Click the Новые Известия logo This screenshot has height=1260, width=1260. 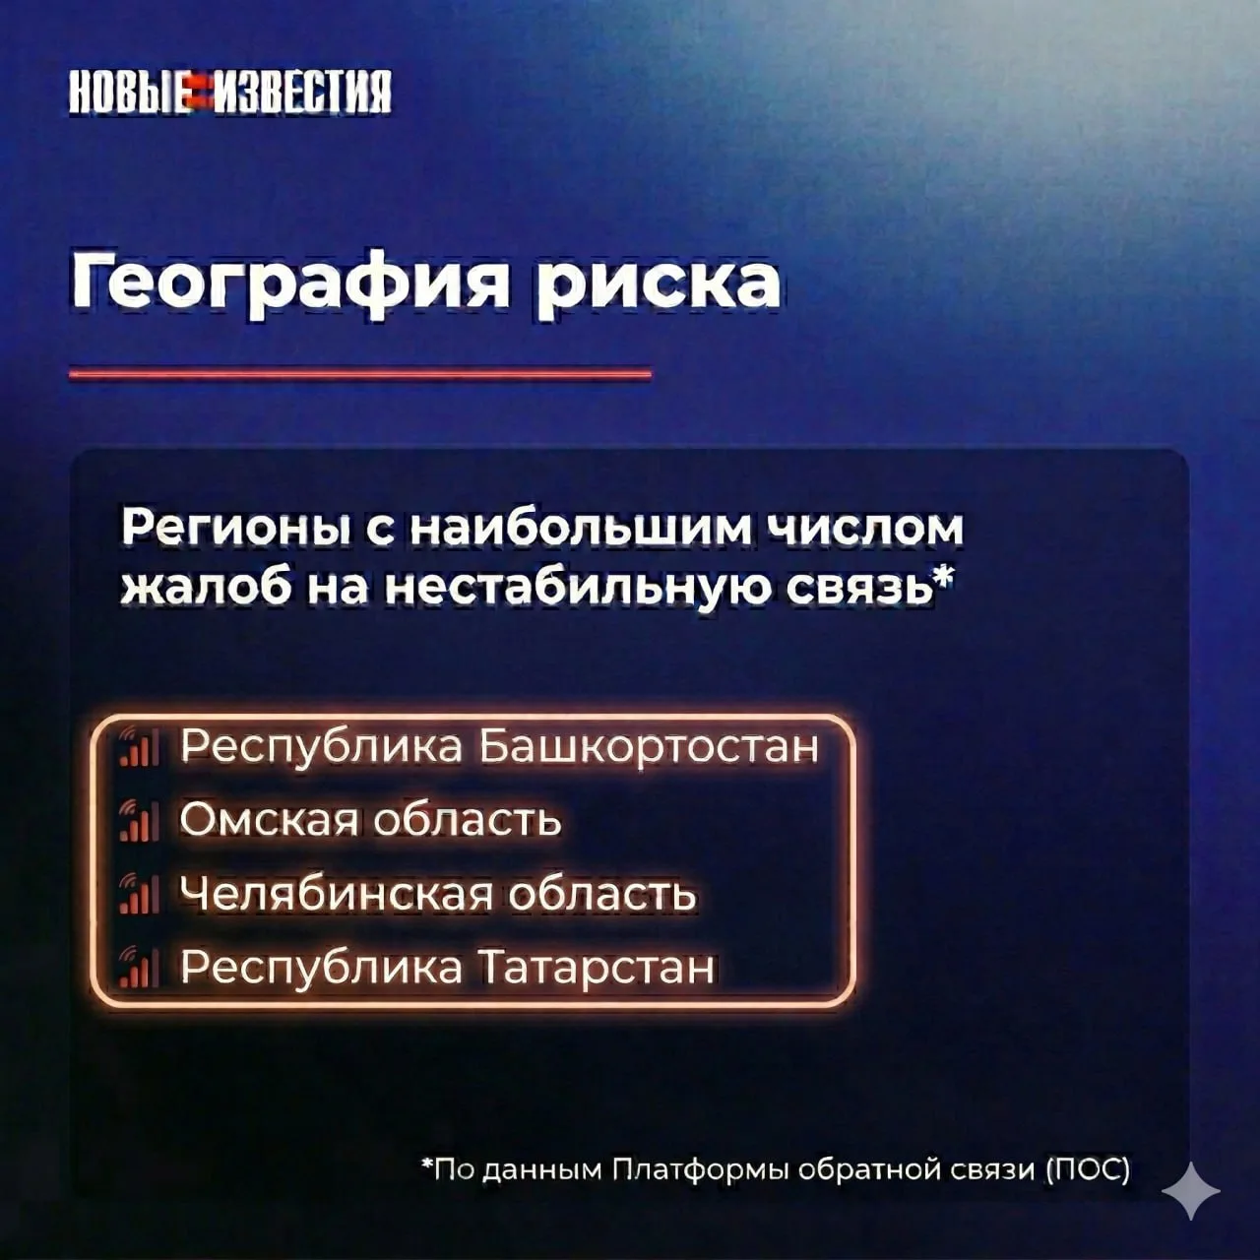(230, 92)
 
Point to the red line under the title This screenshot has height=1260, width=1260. (360, 374)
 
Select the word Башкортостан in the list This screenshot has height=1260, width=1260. (648, 746)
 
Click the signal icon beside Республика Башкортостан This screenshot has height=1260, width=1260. (139, 747)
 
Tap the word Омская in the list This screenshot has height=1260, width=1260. (269, 819)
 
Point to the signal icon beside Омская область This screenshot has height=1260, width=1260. (139, 821)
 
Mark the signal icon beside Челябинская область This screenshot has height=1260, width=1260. (139, 895)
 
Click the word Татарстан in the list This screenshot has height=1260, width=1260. (597, 967)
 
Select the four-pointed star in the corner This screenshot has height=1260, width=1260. (1191, 1191)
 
